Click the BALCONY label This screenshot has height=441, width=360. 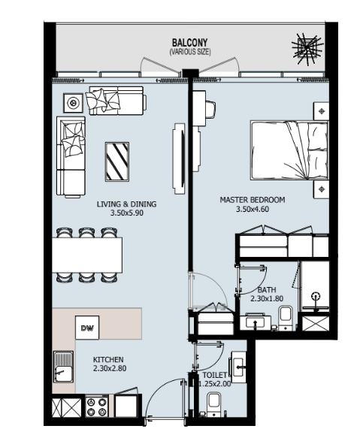point(190,43)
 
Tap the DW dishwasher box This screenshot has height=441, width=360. point(87,328)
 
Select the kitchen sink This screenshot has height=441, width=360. point(64,367)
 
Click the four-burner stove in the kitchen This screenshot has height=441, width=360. point(97,406)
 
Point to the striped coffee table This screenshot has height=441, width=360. point(117,162)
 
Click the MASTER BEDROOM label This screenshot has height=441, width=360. point(253,200)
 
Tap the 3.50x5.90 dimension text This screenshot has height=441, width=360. point(127,213)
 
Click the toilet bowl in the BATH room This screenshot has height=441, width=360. point(286,319)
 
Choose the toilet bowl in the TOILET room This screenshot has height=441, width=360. point(213,404)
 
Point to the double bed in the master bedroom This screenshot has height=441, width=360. point(289,150)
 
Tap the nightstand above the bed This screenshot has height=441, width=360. point(321,111)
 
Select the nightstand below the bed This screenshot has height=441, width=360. point(321,189)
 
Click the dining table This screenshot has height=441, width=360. point(87,255)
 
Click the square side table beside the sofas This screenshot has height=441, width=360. point(73,103)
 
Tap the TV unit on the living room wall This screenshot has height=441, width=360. point(179,159)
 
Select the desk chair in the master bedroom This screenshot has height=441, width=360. point(210,110)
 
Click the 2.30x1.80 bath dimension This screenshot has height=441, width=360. point(267,298)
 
